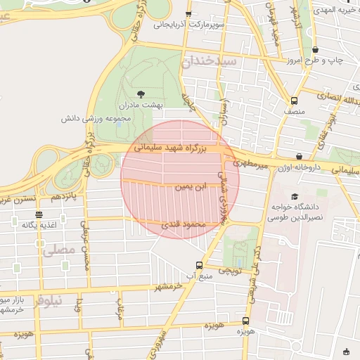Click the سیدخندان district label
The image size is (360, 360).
pos(210,61)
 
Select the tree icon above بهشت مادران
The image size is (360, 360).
pos(141,94)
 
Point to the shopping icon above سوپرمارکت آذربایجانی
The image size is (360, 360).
pos(188,14)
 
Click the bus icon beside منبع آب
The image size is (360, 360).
pos(200,266)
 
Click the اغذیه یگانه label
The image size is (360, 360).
pos(38,225)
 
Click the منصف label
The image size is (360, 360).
pos(294,110)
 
